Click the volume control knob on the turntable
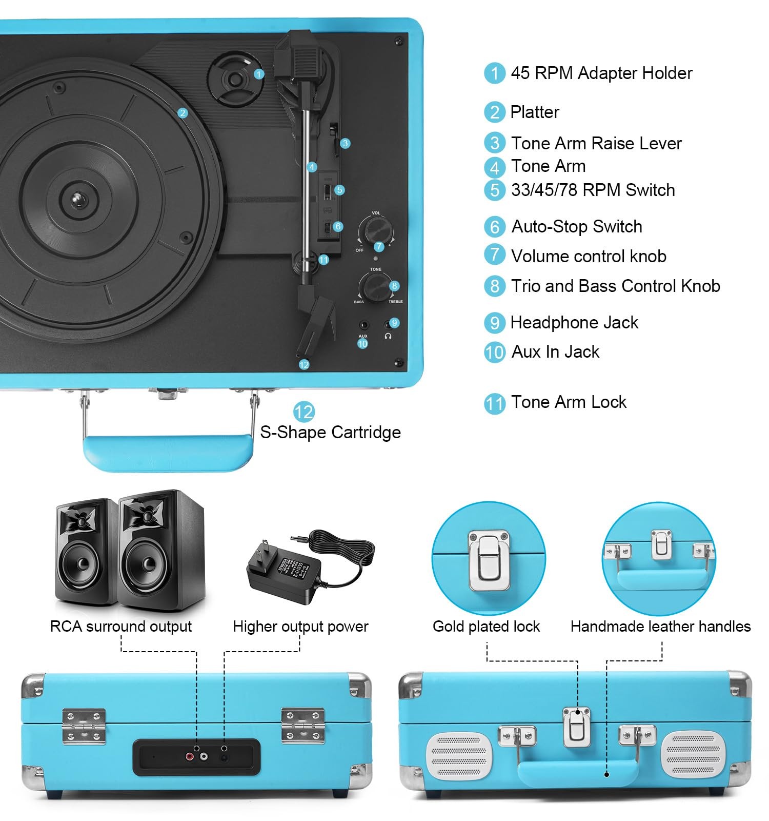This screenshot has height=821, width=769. pos(376,228)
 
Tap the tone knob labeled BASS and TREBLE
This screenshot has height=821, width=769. pos(375,286)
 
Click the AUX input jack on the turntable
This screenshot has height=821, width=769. pos(363,325)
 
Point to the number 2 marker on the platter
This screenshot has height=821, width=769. pos(183,113)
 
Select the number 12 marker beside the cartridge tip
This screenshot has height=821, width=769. pos(304,364)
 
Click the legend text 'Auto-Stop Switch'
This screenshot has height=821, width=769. pos(577,226)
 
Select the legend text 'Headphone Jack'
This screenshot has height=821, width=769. pos(574,322)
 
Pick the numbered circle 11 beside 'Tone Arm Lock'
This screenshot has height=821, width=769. pos(494,403)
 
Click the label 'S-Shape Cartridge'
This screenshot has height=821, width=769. pos(330,432)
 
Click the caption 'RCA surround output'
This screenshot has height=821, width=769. pos(121,627)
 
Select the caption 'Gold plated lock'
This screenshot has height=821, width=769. pos(486,627)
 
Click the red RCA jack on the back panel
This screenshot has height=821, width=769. pos(190,756)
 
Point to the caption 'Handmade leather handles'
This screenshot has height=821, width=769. pos(660,627)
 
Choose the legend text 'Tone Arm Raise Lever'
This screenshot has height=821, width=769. pos(596,143)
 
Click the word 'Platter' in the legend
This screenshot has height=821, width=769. pos(535,112)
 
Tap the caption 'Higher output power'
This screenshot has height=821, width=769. pos(300,627)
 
